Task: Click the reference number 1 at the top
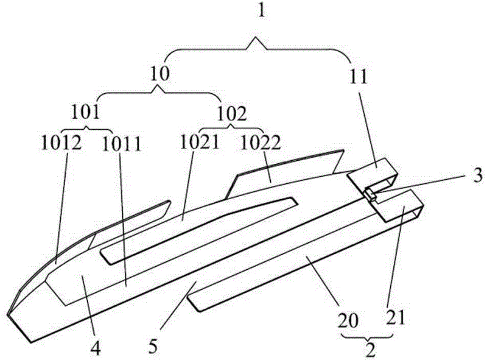click(262, 11)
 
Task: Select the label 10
click(160, 74)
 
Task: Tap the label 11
click(358, 76)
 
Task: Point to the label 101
click(85, 112)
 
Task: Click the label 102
click(231, 114)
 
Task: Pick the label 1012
click(61, 143)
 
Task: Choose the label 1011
click(121, 144)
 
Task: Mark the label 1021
click(200, 143)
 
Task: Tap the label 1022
click(261, 143)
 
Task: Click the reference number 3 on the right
click(478, 175)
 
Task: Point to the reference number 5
click(153, 347)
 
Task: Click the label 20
click(348, 320)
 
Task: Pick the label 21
click(396, 318)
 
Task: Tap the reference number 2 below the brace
click(370, 350)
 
